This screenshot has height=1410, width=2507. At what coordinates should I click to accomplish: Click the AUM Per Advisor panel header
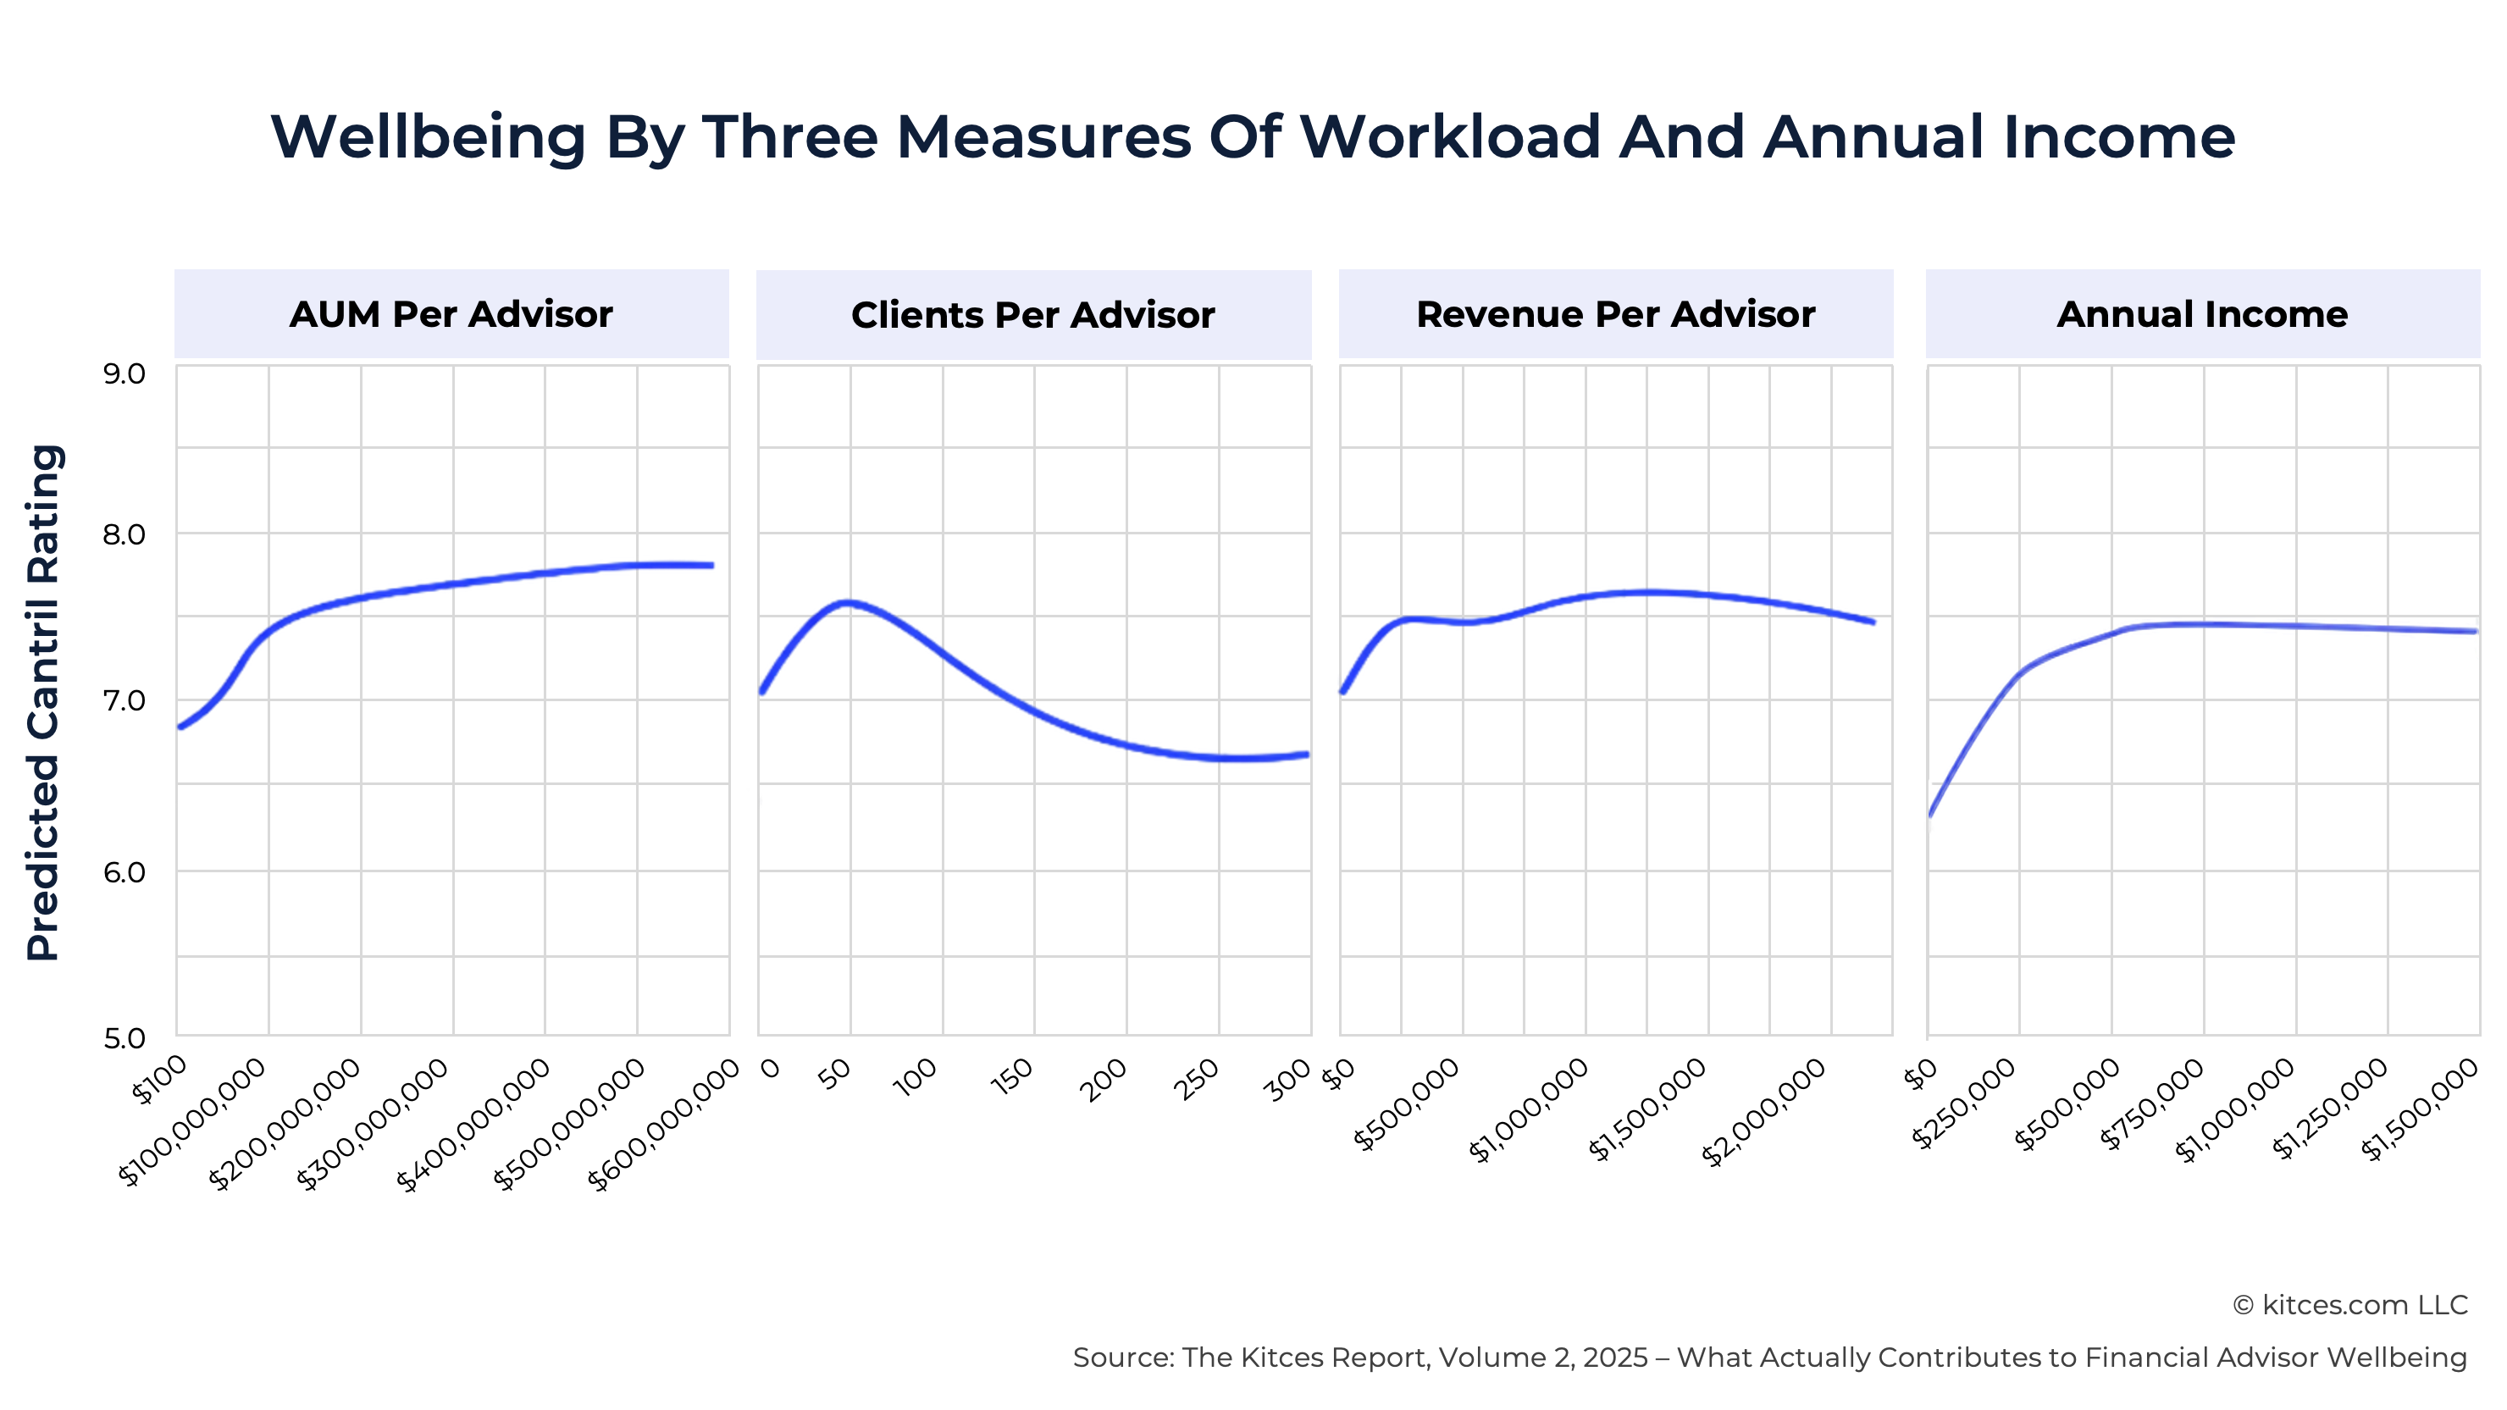tap(451, 314)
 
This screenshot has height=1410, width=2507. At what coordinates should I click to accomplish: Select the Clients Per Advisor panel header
tap(1032, 315)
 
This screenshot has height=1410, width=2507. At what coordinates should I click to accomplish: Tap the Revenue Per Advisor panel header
tap(1615, 314)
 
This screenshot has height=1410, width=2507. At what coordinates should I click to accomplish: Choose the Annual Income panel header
tap(2202, 314)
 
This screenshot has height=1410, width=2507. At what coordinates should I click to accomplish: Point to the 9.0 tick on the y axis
tap(124, 373)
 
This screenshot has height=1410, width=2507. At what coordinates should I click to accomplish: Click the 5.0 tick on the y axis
tap(124, 1038)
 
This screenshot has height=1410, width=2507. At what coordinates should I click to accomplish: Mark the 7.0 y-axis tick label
tap(124, 700)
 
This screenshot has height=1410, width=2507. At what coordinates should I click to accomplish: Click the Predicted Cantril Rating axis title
tap(44, 703)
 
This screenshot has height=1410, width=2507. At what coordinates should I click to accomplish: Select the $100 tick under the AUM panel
tap(161, 1080)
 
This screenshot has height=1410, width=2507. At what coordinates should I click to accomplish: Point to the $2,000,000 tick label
tap(1763, 1112)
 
